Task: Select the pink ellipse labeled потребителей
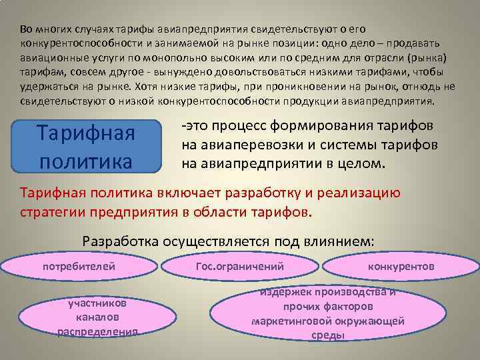tap(79, 266)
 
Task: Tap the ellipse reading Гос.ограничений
tap(240, 266)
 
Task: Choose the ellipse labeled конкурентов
tap(401, 266)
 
